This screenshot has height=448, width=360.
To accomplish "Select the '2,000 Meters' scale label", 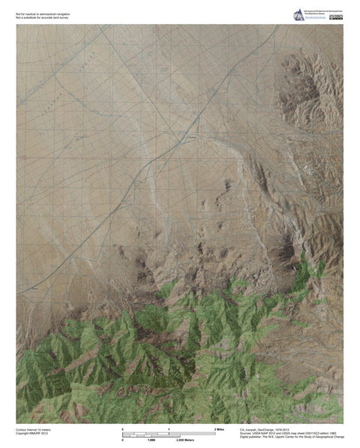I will (x=184, y=440).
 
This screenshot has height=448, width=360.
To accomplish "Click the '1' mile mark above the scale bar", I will (x=169, y=428).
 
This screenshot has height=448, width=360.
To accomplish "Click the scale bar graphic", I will (x=169, y=434).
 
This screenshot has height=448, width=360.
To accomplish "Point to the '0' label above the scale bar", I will (x=122, y=428).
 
